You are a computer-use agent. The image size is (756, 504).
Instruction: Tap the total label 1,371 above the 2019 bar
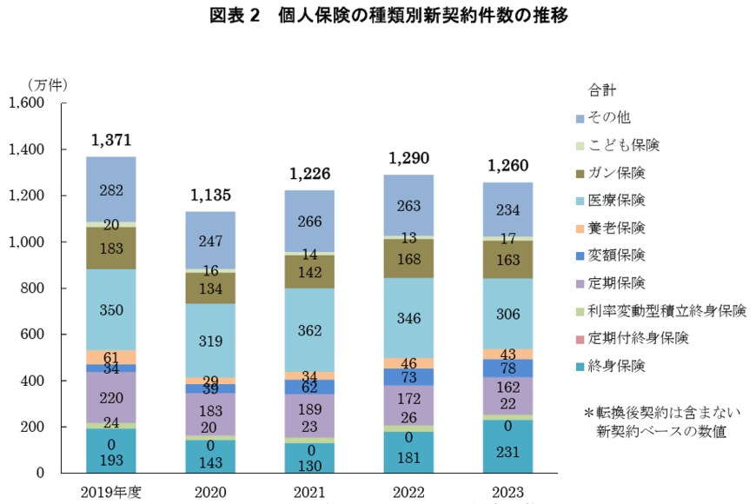click(x=110, y=140)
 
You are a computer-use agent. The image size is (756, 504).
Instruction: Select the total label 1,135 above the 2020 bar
click(x=210, y=195)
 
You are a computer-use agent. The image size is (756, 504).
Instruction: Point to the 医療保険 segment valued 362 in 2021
click(x=309, y=331)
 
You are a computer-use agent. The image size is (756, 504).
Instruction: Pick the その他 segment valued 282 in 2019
click(x=110, y=190)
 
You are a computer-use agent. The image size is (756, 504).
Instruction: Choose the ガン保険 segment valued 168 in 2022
click(x=409, y=259)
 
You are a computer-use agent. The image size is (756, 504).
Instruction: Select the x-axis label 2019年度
click(x=110, y=493)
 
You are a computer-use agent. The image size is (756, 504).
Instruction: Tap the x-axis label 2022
click(x=409, y=493)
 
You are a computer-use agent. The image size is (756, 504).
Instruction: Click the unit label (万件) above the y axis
click(x=46, y=85)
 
